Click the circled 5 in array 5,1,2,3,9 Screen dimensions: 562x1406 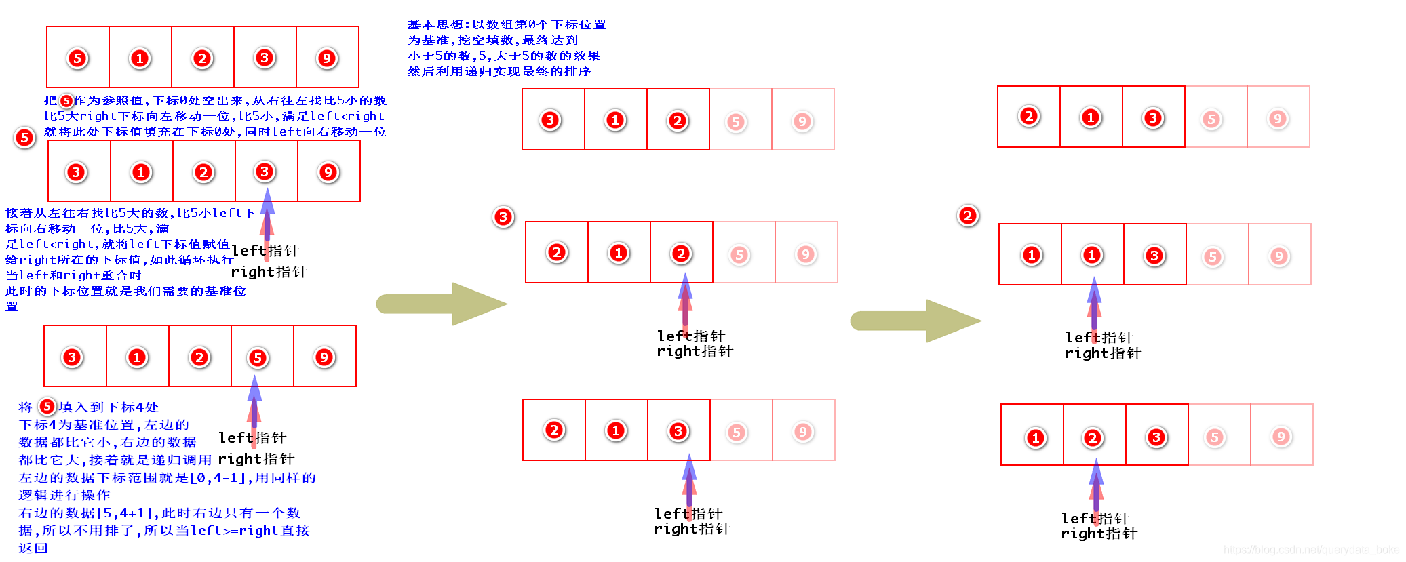point(77,58)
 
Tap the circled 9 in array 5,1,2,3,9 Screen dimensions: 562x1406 point(327,58)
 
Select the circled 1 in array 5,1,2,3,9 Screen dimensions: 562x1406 point(140,58)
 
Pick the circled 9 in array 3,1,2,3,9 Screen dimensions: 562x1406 point(328,172)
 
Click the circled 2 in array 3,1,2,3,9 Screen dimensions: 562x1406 point(203,172)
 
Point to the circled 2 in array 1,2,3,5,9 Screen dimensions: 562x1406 point(1092,438)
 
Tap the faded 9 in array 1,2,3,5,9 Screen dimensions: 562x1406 point(1281,437)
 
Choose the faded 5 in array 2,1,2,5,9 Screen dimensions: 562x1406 point(739,255)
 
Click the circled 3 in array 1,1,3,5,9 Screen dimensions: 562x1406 point(1154,256)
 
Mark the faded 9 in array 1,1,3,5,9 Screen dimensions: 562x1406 point(1279,256)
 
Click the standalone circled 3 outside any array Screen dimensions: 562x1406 point(503,217)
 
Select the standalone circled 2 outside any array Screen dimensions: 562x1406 point(968,216)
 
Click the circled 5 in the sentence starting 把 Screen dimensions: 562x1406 point(66,101)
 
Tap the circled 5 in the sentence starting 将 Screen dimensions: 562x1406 point(47,407)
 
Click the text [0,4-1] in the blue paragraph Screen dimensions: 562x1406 point(218,478)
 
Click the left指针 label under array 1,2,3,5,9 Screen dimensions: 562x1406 point(1095,519)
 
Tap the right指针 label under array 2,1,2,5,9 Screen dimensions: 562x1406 point(695,351)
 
